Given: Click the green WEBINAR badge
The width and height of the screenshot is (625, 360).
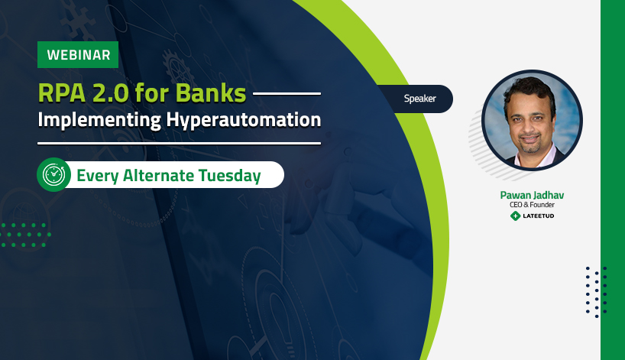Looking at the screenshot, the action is click(78, 54).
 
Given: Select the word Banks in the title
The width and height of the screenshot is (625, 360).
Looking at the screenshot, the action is click(211, 93).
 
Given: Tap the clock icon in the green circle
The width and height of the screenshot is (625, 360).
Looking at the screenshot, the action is click(53, 174).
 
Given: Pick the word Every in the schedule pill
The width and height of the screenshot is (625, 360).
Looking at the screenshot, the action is click(97, 176).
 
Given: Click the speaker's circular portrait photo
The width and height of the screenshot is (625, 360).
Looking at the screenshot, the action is click(532, 120).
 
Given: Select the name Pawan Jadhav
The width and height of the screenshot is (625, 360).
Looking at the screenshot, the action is click(532, 195).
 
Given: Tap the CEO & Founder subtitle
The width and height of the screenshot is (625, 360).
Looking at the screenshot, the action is click(532, 205).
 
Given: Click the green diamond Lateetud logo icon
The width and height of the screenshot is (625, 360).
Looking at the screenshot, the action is click(516, 216).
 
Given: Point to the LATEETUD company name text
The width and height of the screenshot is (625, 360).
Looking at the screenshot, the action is click(538, 216).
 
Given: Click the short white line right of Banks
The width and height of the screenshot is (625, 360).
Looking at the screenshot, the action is click(287, 94).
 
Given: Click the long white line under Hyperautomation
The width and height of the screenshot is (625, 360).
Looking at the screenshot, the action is click(179, 143).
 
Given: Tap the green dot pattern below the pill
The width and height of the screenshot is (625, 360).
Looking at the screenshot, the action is click(25, 235).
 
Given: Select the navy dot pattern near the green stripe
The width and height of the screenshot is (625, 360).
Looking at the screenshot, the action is click(596, 292).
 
